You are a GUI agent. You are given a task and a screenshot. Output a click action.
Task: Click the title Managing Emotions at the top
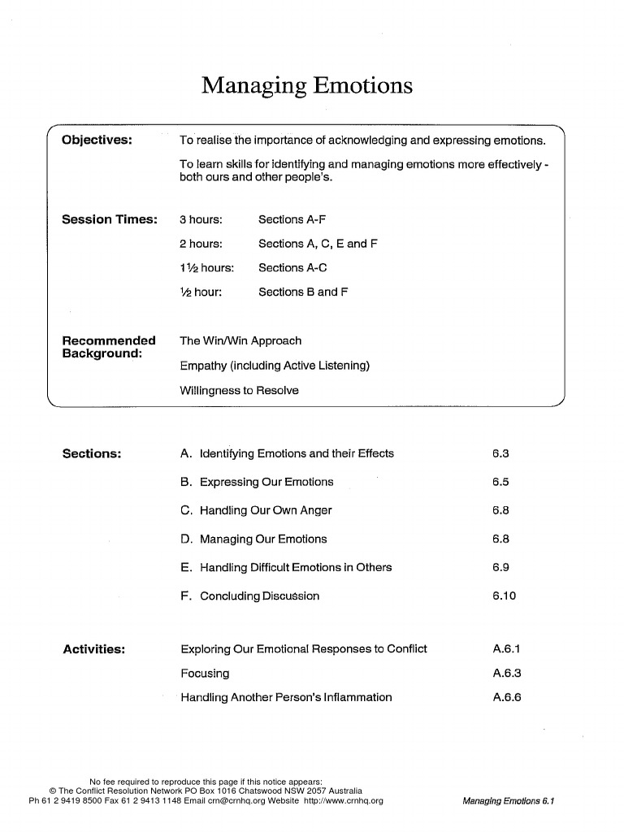pos(307,85)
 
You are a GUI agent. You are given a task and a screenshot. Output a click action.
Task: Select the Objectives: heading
pos(97,139)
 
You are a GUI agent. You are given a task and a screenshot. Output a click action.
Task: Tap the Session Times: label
pos(110,219)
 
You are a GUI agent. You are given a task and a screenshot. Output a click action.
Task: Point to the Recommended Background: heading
pos(109,347)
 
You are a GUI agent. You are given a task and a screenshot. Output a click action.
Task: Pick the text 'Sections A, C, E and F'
pos(318,244)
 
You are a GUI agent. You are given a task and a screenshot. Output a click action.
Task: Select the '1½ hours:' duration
pos(206,268)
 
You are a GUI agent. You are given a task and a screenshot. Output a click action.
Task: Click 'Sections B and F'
pos(303,292)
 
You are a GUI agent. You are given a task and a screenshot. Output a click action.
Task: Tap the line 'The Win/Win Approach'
pos(240,341)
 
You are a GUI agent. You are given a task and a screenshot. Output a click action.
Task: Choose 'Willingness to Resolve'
pos(239,391)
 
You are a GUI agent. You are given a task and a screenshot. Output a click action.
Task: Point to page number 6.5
pos(500,482)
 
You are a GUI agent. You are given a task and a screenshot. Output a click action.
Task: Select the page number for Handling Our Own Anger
pos(500,510)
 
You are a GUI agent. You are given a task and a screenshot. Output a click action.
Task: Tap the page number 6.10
pos(504,596)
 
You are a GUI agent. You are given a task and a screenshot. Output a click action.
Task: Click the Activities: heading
pos(93,649)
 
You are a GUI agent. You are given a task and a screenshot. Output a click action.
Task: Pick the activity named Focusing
pos(205,673)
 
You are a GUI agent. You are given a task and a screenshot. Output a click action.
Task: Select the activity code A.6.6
pos(506,697)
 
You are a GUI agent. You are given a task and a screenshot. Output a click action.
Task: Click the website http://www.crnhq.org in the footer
pos(343,800)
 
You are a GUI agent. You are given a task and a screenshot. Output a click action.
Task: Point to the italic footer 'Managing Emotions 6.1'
pos(508,801)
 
